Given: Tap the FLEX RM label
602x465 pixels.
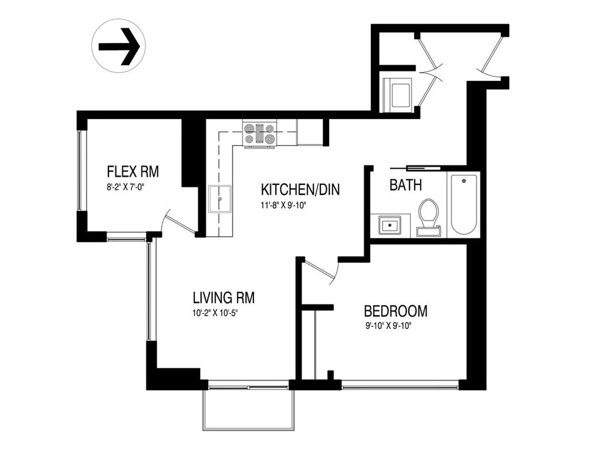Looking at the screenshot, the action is click(133, 172).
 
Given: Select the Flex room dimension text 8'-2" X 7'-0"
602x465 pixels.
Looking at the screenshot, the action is click(127, 187).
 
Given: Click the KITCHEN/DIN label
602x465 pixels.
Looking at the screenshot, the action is click(300, 189).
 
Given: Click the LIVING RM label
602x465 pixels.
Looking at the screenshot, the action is click(224, 297).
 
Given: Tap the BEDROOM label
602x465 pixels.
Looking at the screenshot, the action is click(396, 311).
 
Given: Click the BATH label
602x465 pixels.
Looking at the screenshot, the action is click(406, 185).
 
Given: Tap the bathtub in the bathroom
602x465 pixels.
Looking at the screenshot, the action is click(464, 205).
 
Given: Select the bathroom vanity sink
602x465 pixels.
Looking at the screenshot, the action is click(389, 225).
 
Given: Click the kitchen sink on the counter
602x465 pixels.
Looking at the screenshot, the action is click(219, 199).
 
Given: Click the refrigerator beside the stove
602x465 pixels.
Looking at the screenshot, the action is click(310, 132).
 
